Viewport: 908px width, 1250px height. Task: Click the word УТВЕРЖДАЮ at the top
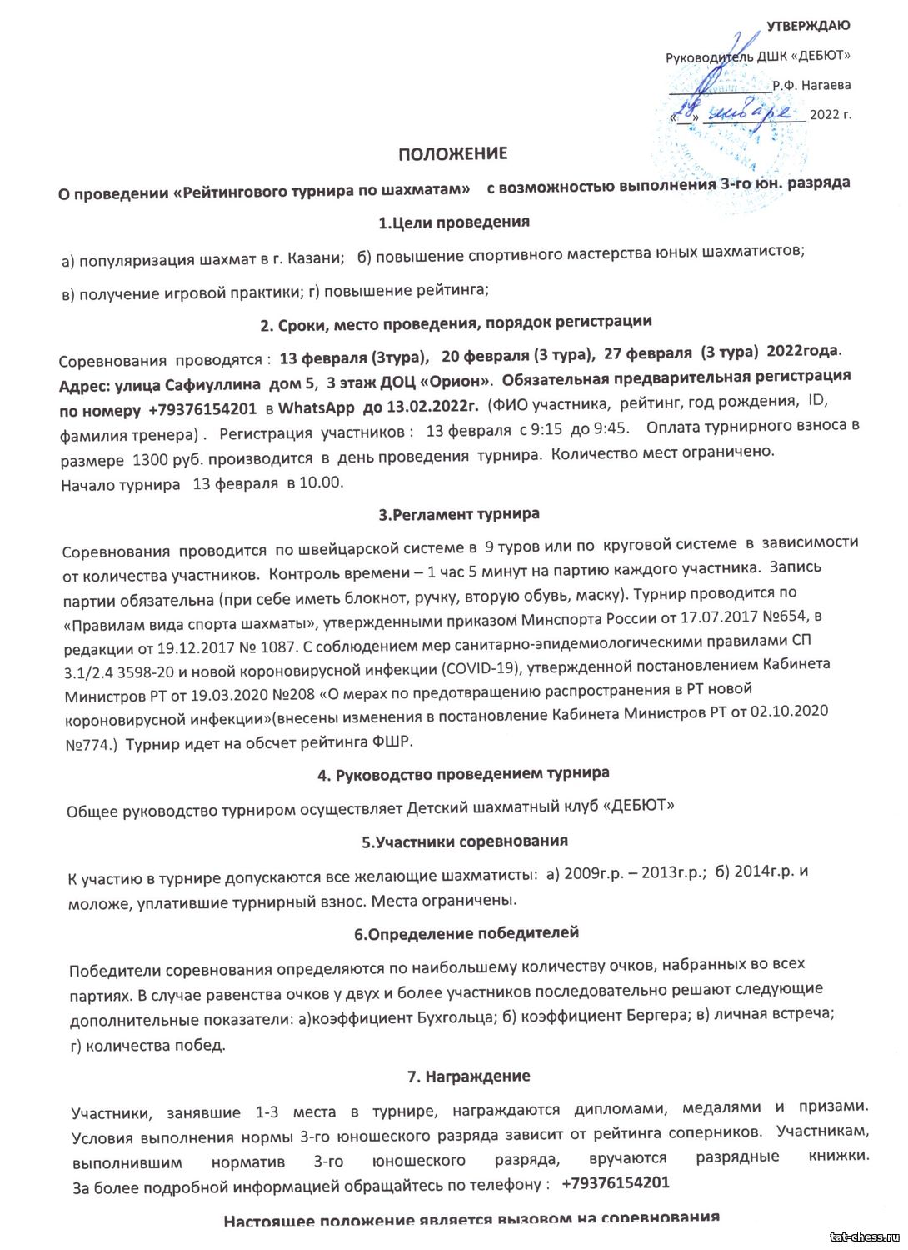(x=808, y=27)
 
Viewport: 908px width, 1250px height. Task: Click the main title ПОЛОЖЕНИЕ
(x=452, y=154)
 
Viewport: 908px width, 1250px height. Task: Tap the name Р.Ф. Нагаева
(x=811, y=85)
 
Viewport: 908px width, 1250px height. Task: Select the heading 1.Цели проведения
(x=453, y=222)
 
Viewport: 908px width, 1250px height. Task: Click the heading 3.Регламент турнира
(x=459, y=514)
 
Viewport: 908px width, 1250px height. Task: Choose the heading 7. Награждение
(x=468, y=1077)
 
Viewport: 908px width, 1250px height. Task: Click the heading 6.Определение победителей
(x=466, y=933)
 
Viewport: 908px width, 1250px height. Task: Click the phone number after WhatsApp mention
(x=202, y=410)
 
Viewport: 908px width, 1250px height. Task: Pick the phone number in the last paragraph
(x=616, y=1183)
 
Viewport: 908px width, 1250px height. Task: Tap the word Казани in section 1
(x=317, y=259)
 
